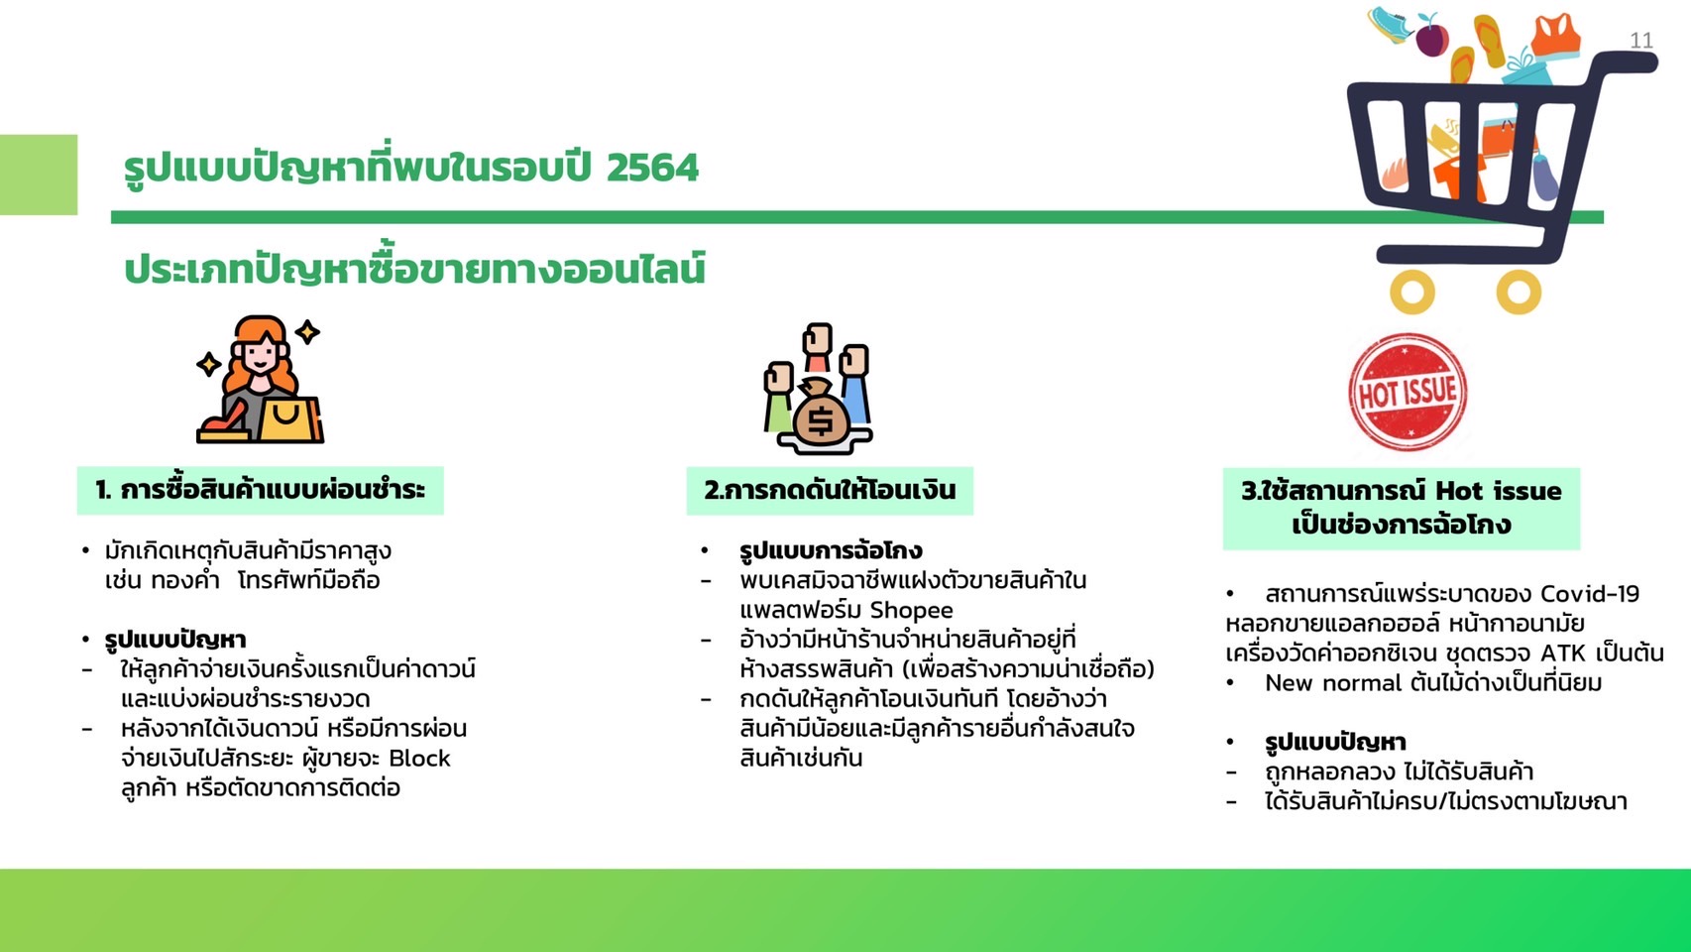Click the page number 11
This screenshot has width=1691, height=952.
(x=1641, y=41)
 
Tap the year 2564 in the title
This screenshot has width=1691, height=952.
(x=652, y=168)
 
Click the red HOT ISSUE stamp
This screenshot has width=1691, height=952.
(x=1407, y=392)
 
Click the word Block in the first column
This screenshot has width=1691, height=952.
(x=419, y=759)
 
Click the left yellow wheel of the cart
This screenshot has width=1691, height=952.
(x=1412, y=293)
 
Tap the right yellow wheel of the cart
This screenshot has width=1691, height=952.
(x=1518, y=293)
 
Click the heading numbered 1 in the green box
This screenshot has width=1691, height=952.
(x=260, y=490)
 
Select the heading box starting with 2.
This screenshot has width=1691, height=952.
(x=830, y=490)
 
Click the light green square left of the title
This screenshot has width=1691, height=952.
(x=39, y=175)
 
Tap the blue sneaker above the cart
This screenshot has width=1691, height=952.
(x=1391, y=24)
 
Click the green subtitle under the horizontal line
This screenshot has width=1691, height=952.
(x=414, y=270)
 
